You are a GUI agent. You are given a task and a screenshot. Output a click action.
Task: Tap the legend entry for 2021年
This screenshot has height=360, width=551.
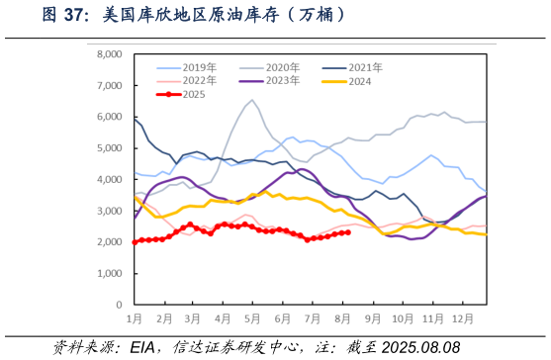365,67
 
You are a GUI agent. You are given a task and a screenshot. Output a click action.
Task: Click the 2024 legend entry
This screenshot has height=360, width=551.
360,80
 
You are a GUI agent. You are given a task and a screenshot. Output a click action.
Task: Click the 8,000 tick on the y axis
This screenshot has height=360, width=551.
107,54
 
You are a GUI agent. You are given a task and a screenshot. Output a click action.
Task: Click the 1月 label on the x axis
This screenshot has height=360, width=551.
135,319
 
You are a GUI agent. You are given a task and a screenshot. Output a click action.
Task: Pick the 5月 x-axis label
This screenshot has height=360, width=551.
252,319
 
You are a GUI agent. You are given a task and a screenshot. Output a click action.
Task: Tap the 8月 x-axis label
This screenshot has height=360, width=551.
342,319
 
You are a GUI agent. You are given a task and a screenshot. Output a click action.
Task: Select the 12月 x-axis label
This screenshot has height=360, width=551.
462,319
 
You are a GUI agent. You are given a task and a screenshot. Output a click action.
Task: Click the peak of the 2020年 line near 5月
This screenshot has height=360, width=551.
252,100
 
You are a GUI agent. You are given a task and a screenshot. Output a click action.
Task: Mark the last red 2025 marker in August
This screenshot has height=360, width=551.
348,232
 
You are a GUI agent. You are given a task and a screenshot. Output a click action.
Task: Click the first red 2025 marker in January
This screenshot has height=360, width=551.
135,241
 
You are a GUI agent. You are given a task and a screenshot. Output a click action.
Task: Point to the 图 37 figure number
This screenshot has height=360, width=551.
66,15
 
